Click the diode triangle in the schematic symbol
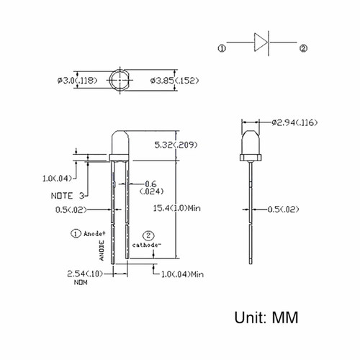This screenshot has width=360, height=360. [x=261, y=42]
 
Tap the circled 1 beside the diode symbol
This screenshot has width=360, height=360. [x=222, y=49]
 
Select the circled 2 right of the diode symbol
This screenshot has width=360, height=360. [x=303, y=48]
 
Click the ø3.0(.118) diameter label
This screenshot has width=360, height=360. [x=77, y=81]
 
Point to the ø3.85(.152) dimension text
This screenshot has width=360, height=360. [x=174, y=81]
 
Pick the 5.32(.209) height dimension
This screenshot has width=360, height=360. [x=176, y=145]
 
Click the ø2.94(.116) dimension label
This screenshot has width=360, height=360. [x=294, y=122]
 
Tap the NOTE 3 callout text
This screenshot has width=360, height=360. [x=68, y=196]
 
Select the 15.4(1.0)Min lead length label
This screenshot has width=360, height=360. [x=177, y=208]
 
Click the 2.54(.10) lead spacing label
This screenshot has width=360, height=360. [x=85, y=274]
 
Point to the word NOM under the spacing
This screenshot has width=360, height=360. [x=81, y=282]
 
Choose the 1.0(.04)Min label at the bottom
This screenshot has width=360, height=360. [x=182, y=274]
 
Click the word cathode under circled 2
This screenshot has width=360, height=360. [x=145, y=245]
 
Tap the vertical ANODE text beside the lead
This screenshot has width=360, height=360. [x=102, y=251]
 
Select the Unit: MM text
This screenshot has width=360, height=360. [x=266, y=318]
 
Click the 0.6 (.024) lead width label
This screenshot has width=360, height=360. [x=151, y=188]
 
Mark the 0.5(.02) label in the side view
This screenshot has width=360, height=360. [x=283, y=210]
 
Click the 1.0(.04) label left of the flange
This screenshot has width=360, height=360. [x=57, y=179]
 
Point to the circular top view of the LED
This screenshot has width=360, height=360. [x=120, y=80]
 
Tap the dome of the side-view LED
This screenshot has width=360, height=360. [x=251, y=143]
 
